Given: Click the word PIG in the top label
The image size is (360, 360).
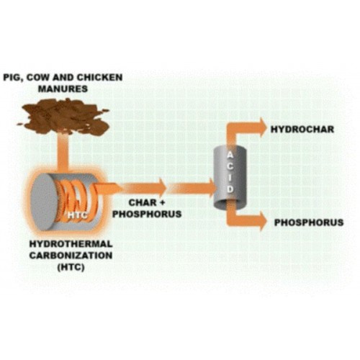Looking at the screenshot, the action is [12, 78].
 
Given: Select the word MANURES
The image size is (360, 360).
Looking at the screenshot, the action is [63, 89].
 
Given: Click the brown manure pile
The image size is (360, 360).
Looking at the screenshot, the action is [63, 116].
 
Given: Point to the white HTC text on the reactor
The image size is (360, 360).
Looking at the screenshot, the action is [77, 215].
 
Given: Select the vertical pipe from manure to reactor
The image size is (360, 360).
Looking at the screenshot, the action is [63, 152].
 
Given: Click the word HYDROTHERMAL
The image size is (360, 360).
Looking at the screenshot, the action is [71, 244].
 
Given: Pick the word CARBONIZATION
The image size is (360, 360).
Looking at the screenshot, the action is [71, 256].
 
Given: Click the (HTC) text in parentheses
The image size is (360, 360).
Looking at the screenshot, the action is [71, 267].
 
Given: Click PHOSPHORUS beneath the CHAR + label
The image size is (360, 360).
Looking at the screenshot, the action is [147, 214].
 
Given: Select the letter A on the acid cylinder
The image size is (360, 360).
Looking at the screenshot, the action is [230, 156].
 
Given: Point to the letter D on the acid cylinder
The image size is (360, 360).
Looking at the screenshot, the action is [230, 189].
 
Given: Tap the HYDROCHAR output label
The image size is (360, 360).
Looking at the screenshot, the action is [302, 130].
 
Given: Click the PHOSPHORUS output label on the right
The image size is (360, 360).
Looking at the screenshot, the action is [309, 222].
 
